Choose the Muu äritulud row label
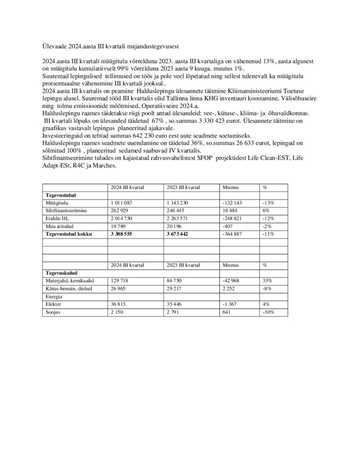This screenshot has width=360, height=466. (x=57, y=226)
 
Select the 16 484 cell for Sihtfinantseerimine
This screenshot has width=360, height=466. (x=231, y=211)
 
